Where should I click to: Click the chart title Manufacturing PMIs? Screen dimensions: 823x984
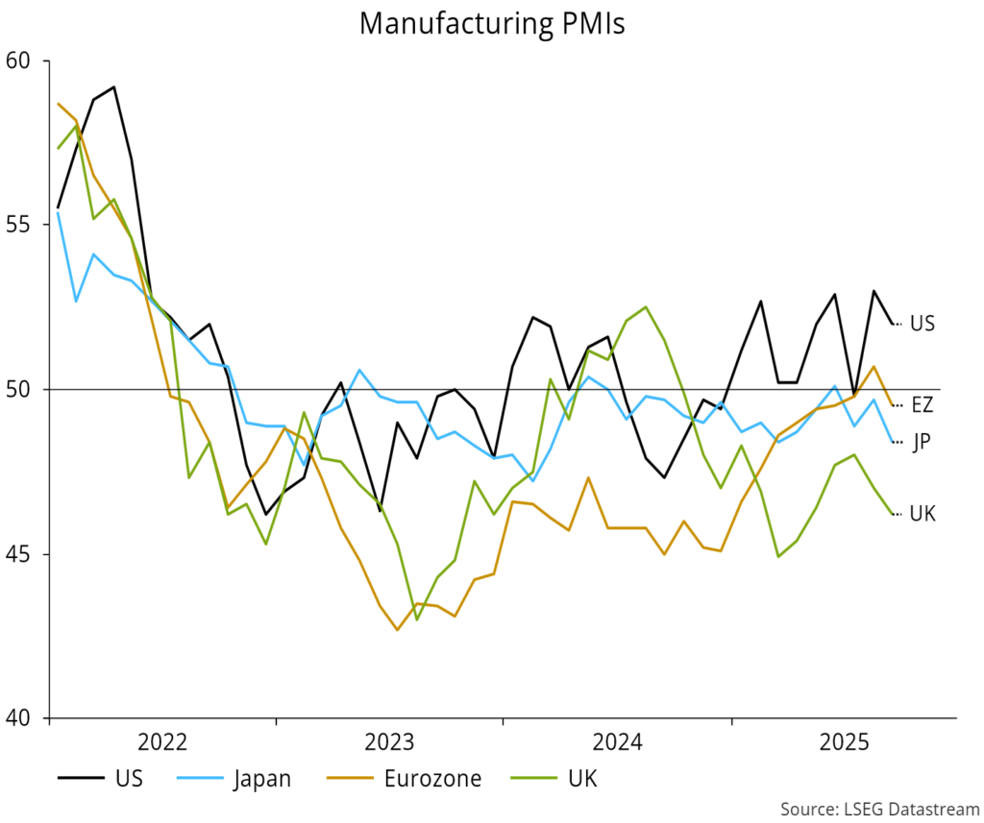[492, 23]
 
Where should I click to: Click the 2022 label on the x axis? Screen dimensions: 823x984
[162, 742]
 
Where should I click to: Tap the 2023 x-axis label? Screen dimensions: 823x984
[389, 742]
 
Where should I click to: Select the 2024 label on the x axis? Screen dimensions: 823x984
[617, 742]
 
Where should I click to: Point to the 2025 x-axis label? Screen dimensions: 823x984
[844, 742]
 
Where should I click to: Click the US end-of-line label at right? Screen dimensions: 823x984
[922, 324]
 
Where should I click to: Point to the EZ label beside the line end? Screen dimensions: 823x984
[922, 405]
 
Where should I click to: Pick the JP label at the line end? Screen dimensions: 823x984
[921, 442]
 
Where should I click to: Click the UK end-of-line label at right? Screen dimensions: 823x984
[922, 514]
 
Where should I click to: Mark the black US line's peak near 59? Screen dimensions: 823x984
[113, 87]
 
